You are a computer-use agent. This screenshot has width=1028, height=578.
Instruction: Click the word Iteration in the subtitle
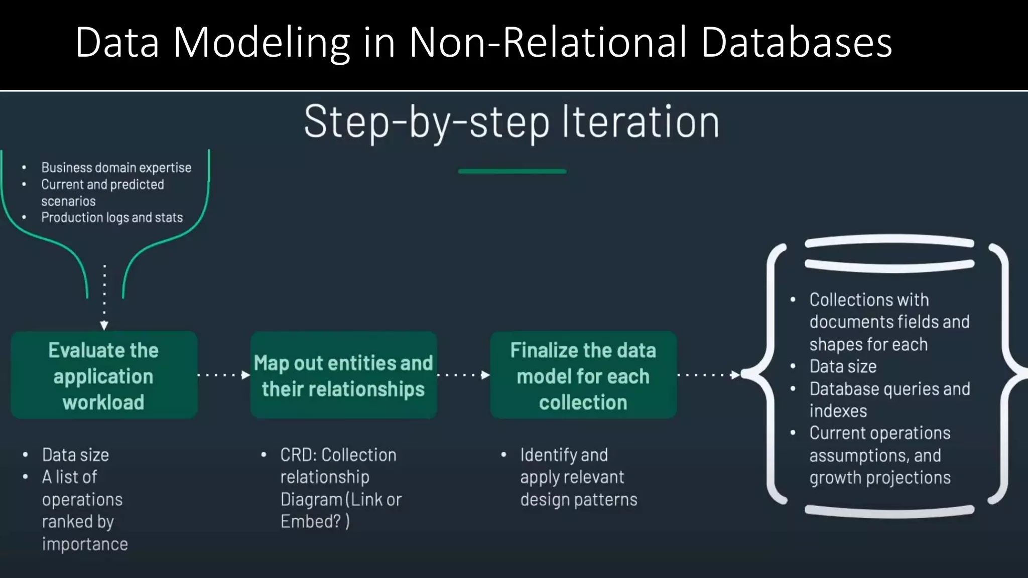(640, 122)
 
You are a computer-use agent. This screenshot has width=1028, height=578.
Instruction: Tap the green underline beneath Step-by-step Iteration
(512, 172)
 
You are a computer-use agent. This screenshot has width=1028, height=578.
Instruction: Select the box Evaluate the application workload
(104, 375)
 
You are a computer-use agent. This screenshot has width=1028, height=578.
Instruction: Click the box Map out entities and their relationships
(343, 375)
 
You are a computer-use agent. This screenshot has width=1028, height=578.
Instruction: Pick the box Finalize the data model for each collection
(583, 375)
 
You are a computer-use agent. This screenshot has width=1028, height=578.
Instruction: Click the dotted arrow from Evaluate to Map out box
(223, 375)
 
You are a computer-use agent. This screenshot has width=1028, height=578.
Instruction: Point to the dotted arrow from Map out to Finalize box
(463, 375)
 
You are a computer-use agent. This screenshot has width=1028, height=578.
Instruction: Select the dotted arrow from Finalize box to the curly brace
(708, 375)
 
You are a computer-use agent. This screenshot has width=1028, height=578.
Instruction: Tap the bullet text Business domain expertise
(116, 168)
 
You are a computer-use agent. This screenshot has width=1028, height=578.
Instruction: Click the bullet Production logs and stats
(112, 218)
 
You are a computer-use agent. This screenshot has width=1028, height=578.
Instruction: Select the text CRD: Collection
(338, 455)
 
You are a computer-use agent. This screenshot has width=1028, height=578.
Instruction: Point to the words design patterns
(579, 500)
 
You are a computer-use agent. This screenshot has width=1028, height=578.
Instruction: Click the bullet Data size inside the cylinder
(843, 367)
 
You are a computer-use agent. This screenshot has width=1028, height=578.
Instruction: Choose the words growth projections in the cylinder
(879, 478)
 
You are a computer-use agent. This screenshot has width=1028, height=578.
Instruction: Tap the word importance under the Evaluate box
(85, 544)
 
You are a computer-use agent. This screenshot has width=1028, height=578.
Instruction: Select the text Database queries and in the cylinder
(889, 389)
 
